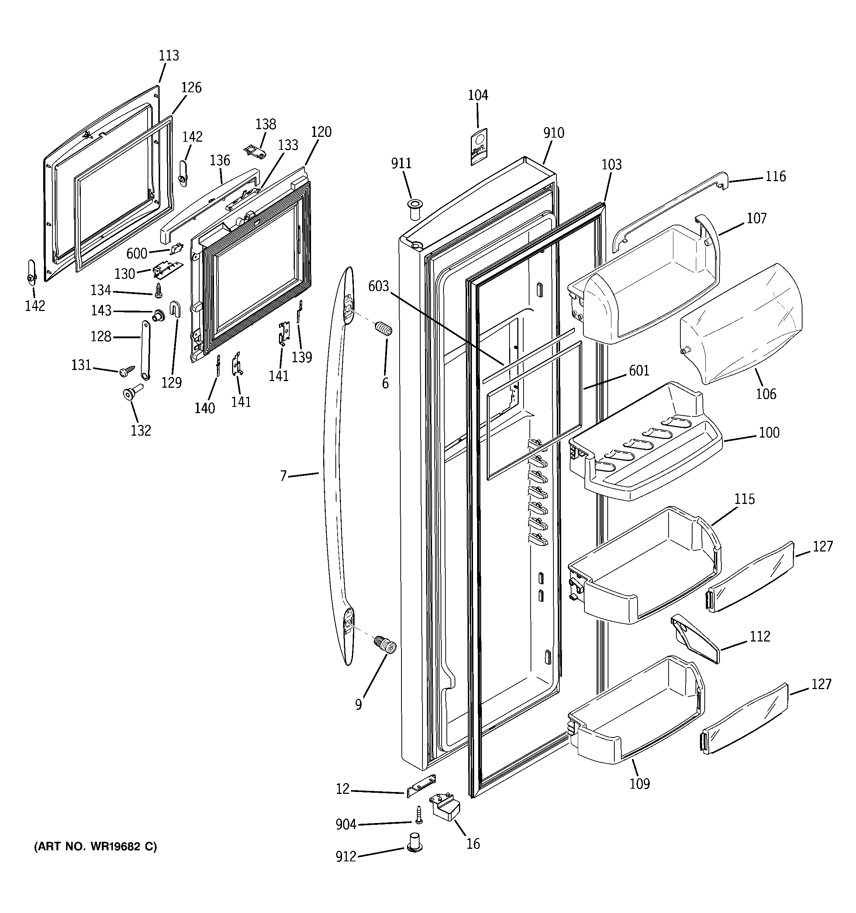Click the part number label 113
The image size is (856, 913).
tap(169, 56)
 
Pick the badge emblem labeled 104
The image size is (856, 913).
tap(478, 146)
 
